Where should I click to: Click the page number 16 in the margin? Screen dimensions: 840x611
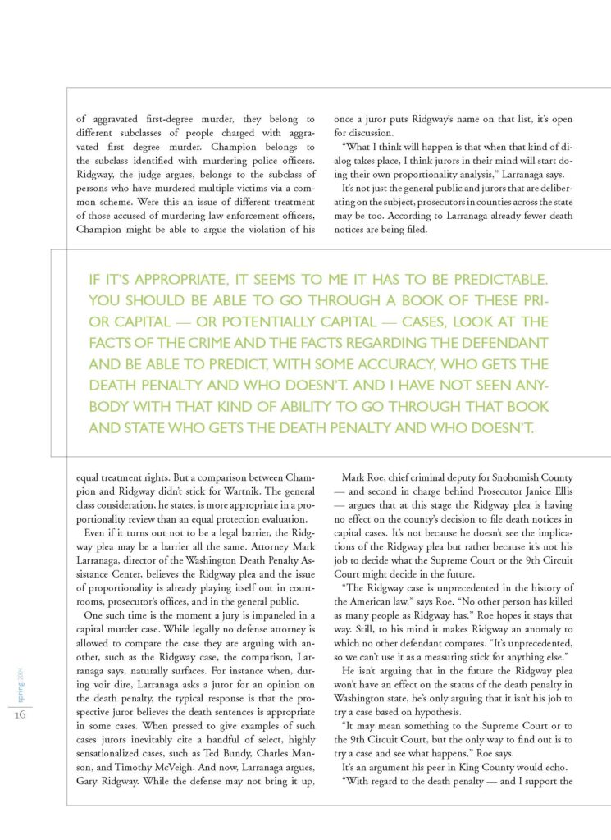click(x=21, y=714)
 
